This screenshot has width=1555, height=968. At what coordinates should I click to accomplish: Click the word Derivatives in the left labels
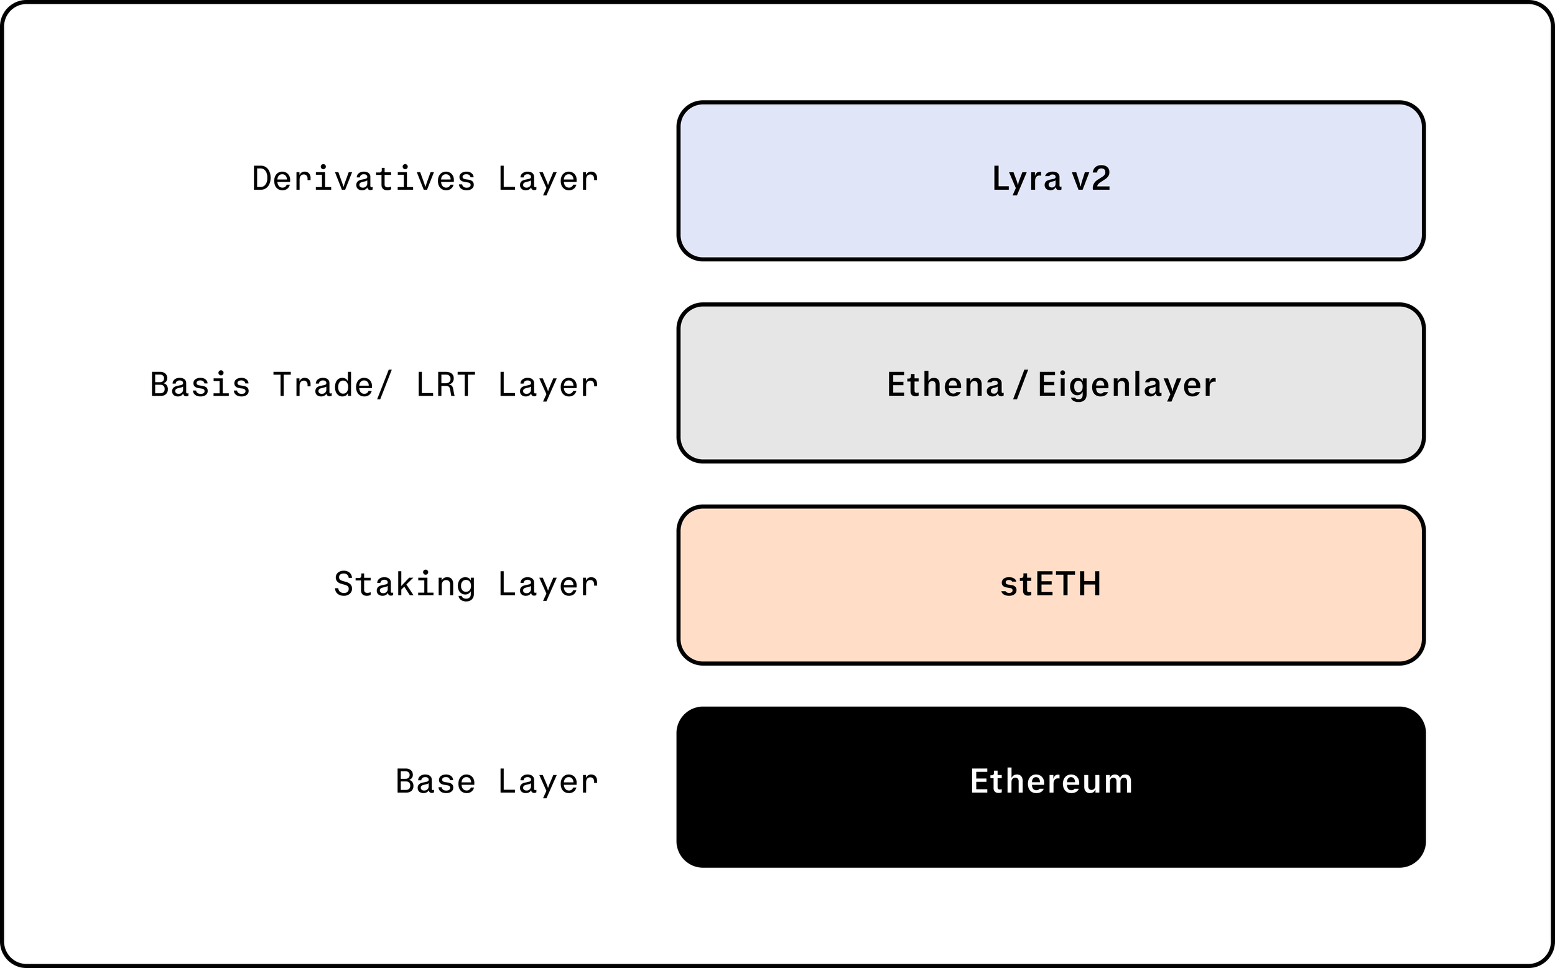(363, 179)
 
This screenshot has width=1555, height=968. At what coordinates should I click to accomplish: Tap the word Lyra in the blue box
(1026, 179)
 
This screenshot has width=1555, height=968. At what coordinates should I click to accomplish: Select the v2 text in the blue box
(1091, 179)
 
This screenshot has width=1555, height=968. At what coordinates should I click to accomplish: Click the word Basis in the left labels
(200, 384)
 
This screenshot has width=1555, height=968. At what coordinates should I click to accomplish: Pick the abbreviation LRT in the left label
(445, 384)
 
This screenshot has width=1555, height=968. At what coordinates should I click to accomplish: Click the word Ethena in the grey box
(945, 384)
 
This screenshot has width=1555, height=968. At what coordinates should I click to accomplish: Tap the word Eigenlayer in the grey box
(1126, 384)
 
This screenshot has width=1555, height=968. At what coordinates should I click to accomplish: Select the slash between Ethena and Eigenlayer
(1021, 384)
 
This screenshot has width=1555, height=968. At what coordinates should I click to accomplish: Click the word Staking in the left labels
(404, 585)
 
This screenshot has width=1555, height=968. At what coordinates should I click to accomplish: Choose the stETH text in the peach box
(1050, 585)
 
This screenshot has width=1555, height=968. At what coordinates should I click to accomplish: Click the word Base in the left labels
(435, 782)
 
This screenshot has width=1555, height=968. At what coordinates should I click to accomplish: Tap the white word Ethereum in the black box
(1051, 782)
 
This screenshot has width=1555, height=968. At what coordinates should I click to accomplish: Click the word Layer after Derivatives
(548, 179)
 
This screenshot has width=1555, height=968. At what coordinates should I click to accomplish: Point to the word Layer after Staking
(548, 585)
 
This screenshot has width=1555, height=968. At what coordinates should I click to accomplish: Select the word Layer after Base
(548, 782)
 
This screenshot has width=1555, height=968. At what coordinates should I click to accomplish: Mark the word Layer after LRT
(548, 384)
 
